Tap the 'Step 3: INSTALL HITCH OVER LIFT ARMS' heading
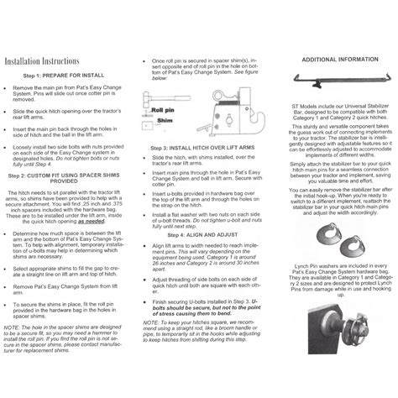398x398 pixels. tap(196, 181)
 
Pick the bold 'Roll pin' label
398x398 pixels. tap(159, 132)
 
